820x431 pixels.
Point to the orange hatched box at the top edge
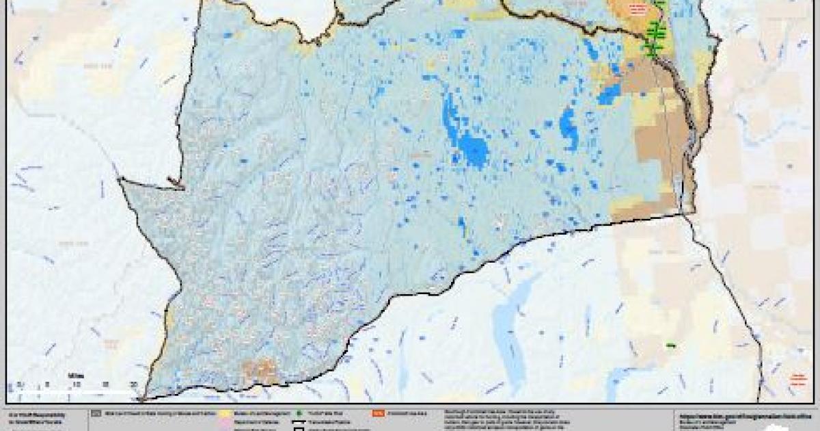click(637, 8)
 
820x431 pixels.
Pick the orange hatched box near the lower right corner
click(797, 377)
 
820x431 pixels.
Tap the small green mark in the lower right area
click(670, 345)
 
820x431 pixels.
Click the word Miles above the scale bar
click(74, 375)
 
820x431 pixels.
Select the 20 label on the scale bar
click(134, 384)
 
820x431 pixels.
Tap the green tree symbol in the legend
click(299, 413)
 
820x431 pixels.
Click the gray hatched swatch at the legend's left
click(97, 413)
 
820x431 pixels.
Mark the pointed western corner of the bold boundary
click(120, 180)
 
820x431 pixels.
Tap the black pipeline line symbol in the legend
click(299, 423)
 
